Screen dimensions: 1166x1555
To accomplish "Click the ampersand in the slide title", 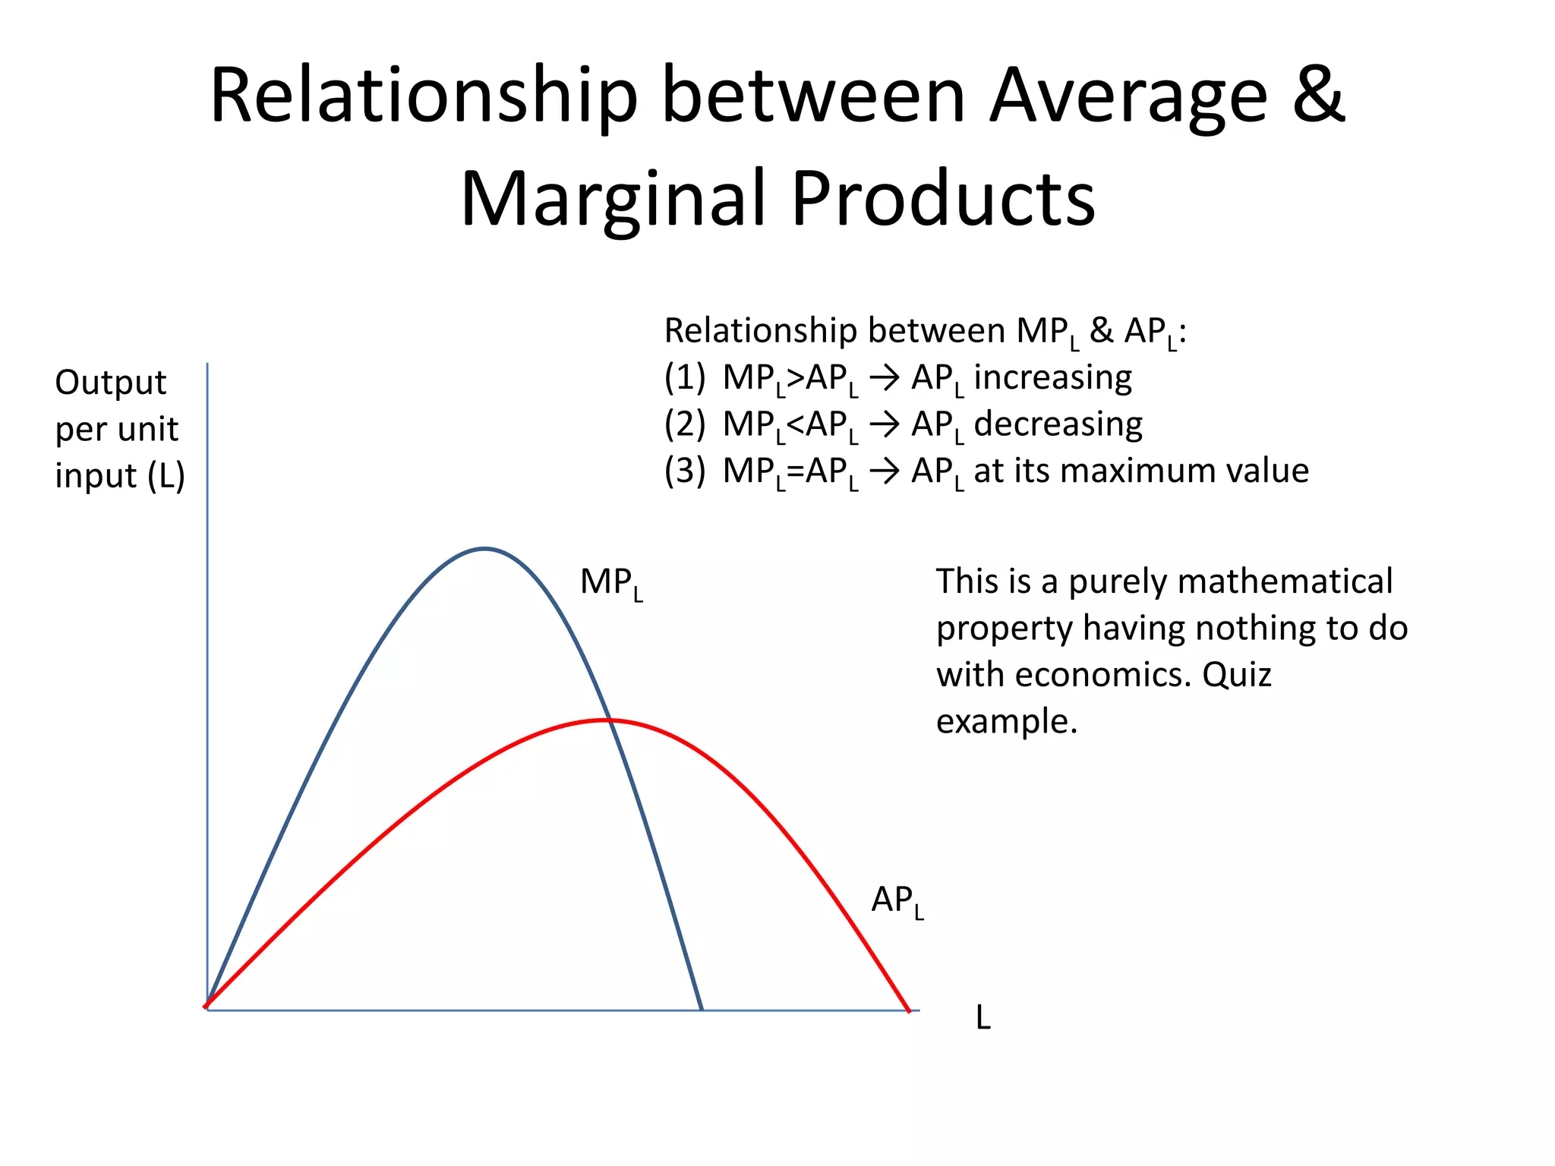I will pyautogui.click(x=1320, y=96).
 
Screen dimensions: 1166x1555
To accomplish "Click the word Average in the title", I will pyautogui.click(x=1128, y=97).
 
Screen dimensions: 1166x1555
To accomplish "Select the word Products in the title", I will pyautogui.click(x=943, y=199).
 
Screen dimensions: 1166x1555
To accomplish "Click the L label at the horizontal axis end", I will pyautogui.click(x=983, y=1018).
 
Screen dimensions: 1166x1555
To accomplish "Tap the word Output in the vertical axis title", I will pyautogui.click(x=111, y=383).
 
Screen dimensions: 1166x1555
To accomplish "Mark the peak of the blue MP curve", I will pyautogui.click(x=484, y=548).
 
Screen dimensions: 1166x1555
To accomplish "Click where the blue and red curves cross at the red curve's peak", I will pyautogui.click(x=607, y=720).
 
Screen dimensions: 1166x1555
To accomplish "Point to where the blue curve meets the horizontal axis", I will pyautogui.click(x=702, y=1010).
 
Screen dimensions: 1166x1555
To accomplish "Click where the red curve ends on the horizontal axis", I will pyautogui.click(x=909, y=1010).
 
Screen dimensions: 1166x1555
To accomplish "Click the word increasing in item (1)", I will pyautogui.click(x=1052, y=378).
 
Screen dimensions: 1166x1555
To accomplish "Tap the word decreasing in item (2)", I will pyautogui.click(x=1058, y=424).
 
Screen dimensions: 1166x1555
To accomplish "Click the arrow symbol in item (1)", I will pyautogui.click(x=884, y=378).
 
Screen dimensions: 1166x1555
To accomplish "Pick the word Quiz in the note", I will pyautogui.click(x=1236, y=675).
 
